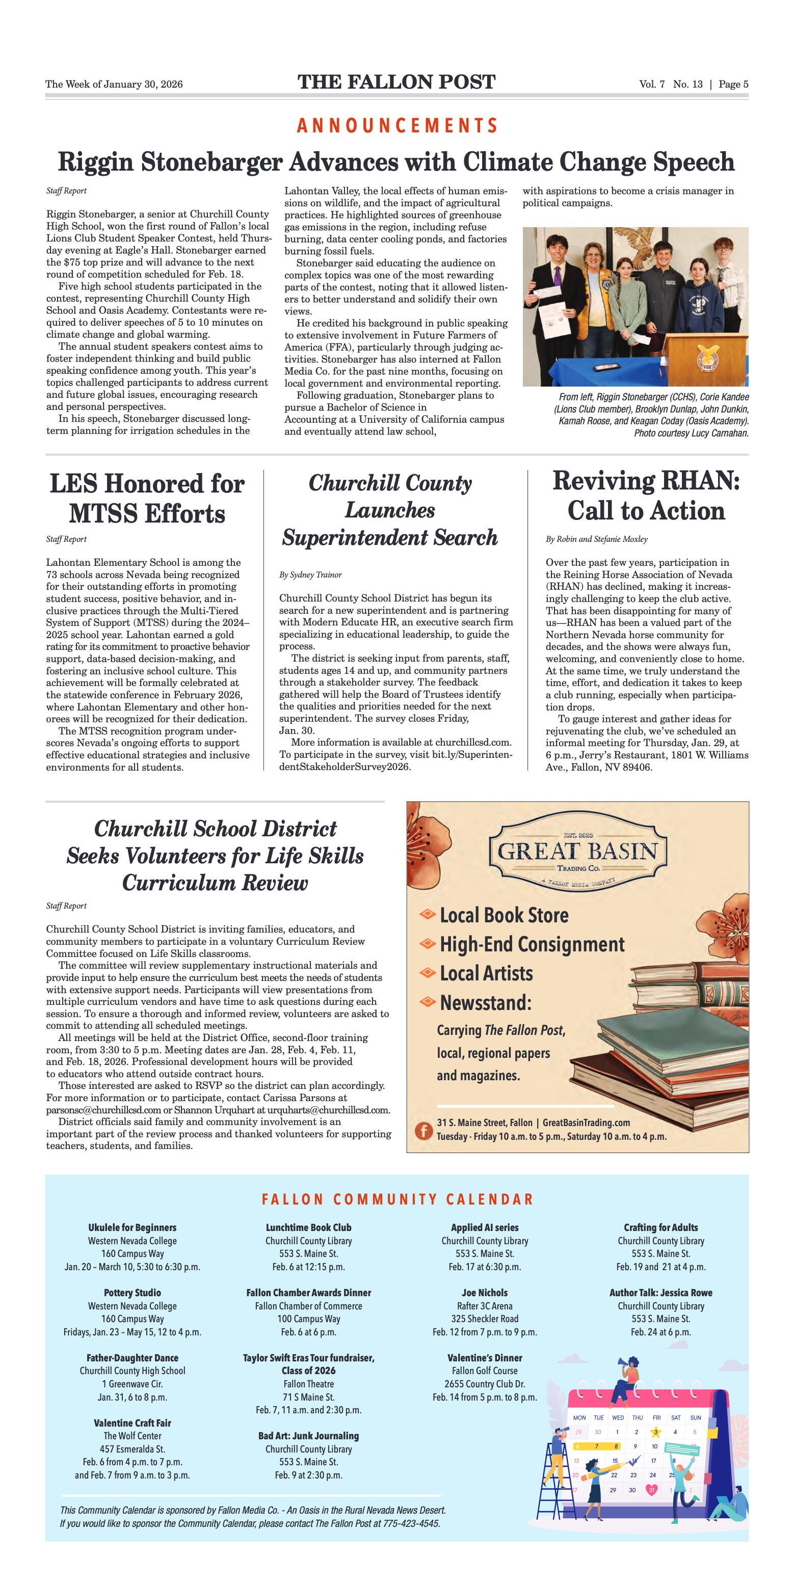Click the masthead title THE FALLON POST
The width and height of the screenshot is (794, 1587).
[396, 82]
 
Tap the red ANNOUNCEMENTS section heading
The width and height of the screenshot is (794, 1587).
[397, 126]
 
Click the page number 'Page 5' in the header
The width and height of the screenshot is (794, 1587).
[733, 85]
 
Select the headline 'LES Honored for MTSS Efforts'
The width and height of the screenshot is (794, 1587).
[147, 499]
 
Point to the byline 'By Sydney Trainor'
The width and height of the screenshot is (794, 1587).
[310, 575]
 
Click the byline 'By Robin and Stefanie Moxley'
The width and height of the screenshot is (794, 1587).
[596, 539]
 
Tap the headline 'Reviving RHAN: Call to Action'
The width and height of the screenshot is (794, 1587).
[646, 496]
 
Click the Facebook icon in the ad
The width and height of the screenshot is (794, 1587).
[423, 1131]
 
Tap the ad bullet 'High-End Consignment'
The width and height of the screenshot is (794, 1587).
[532, 944]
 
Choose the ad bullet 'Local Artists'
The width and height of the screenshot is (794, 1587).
[486, 973]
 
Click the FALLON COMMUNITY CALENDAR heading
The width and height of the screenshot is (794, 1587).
[397, 1199]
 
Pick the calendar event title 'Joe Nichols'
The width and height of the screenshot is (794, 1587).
[485, 1293]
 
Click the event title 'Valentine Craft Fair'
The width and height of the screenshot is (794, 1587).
[133, 1422]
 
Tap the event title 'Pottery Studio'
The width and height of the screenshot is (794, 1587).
[133, 1293]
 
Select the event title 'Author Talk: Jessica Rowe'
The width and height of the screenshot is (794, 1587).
[660, 1293]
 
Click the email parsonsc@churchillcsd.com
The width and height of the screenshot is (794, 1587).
[103, 1110]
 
